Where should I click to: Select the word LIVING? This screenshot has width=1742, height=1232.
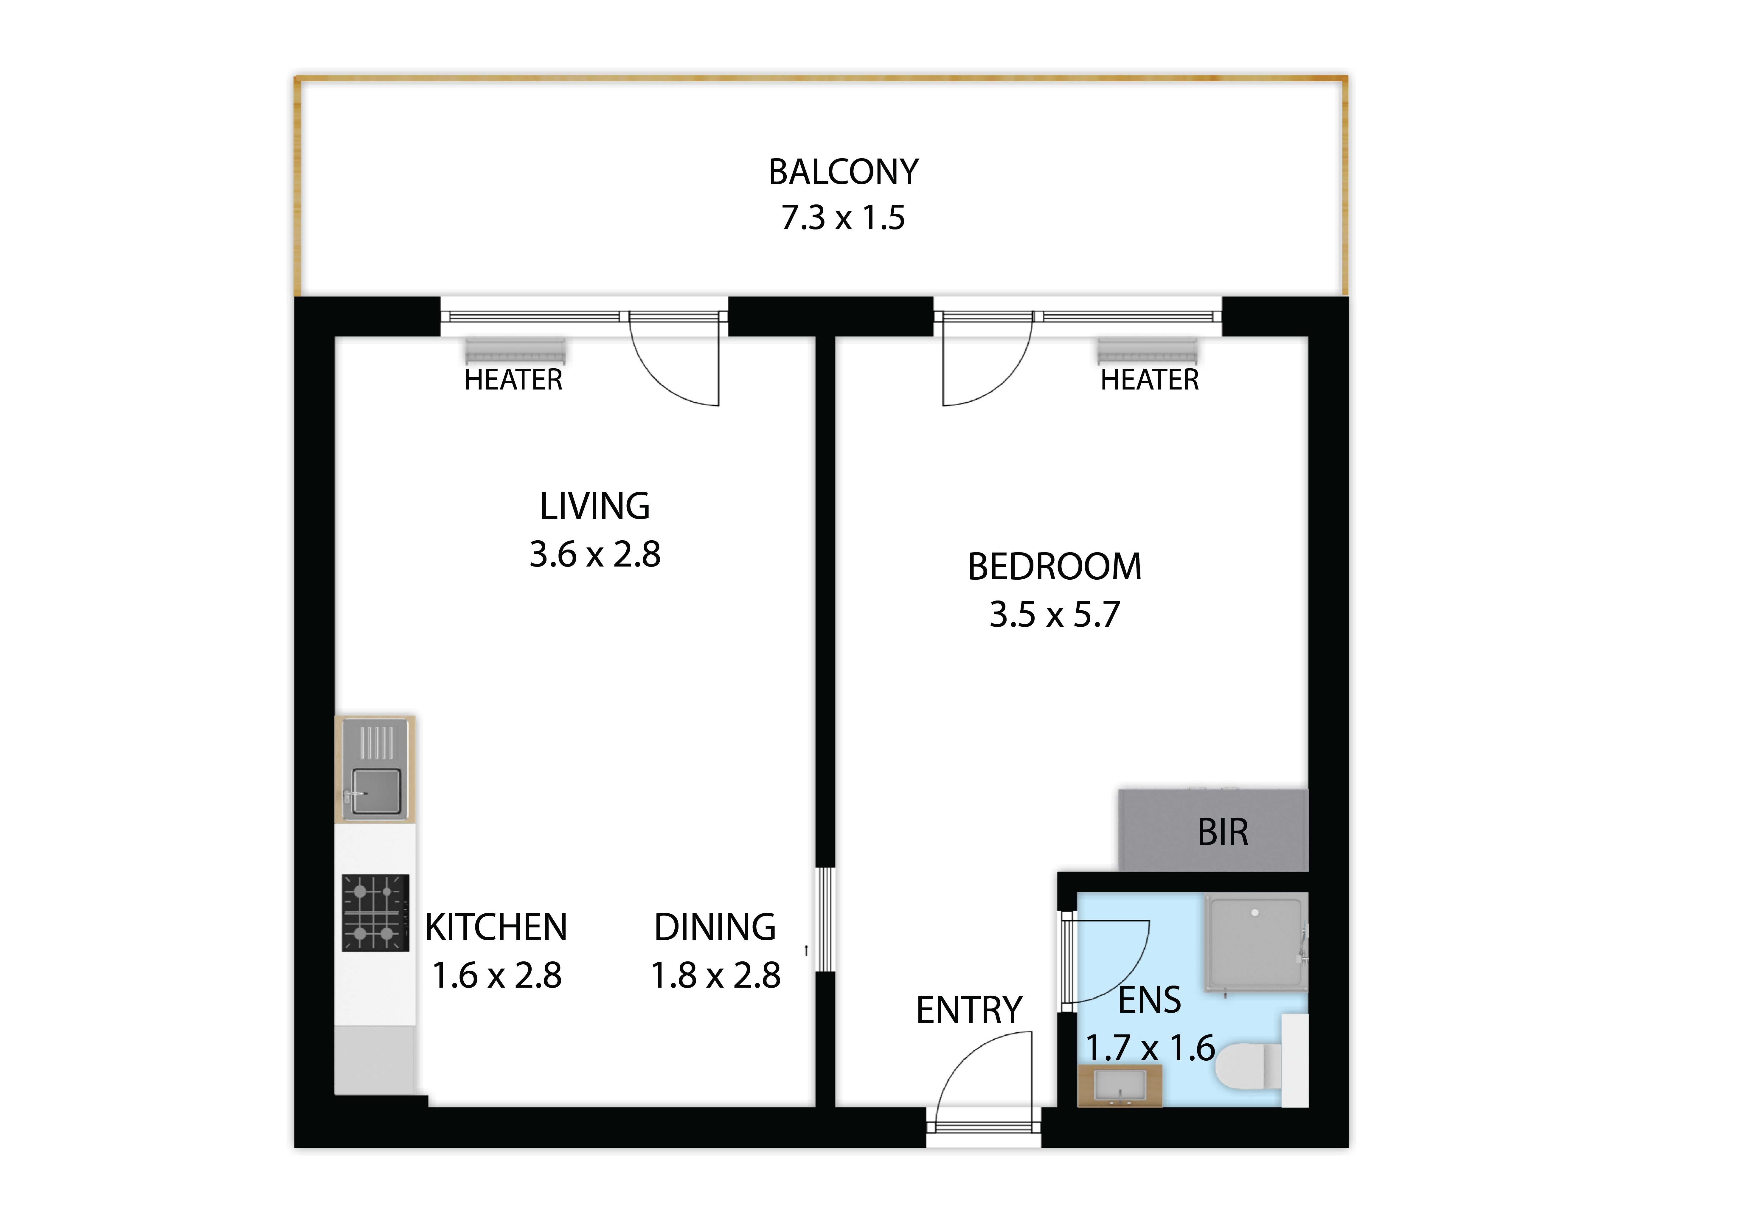595,506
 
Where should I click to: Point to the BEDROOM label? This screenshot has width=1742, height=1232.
1055,567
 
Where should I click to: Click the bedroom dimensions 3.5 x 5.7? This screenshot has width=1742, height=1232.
1055,615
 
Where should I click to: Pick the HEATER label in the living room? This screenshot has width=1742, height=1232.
514,379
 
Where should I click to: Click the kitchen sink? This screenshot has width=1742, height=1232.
375,770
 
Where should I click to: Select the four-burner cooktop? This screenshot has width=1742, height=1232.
375,913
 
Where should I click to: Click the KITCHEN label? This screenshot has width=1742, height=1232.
496,927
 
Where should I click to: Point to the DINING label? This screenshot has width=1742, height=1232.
715,927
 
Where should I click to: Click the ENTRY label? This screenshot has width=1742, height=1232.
970,1010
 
